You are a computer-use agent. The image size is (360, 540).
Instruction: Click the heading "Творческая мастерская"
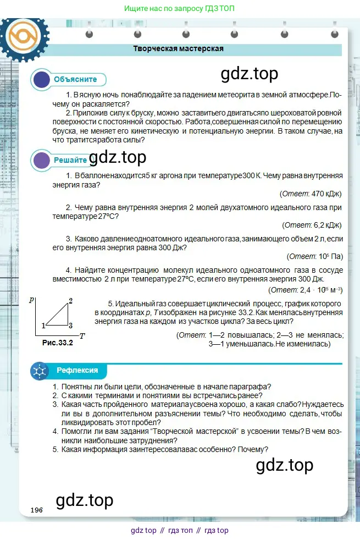pyautogui.click(x=178, y=48)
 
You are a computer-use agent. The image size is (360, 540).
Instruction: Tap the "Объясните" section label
pyautogui.click(x=75, y=79)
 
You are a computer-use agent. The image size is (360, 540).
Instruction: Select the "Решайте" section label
pyautogui.click(x=70, y=160)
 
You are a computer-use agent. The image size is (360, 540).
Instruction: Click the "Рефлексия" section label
pyautogui.click(x=77, y=370)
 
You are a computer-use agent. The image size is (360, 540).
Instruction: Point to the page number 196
pyautogui.click(x=37, y=510)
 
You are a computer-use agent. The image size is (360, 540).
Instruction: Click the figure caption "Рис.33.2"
pyautogui.click(x=57, y=343)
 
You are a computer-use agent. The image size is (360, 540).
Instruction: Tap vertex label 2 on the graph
pyautogui.click(x=70, y=300)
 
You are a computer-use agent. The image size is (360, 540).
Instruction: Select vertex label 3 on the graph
pyautogui.click(x=70, y=325)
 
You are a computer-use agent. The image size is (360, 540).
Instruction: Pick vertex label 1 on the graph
pyautogui.click(x=42, y=326)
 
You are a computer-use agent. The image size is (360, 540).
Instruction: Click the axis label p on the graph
pyautogui.click(x=32, y=300)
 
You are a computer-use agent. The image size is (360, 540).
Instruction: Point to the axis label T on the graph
pyautogui.click(x=82, y=335)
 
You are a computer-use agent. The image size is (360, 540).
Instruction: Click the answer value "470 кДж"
pyautogui.click(x=326, y=194)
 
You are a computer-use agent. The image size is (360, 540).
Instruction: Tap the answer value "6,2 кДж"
pyautogui.click(x=328, y=225)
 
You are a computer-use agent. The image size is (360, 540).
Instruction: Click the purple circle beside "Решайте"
pyautogui.click(x=42, y=161)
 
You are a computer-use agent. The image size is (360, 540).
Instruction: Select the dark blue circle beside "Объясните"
pyautogui.click(x=42, y=80)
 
